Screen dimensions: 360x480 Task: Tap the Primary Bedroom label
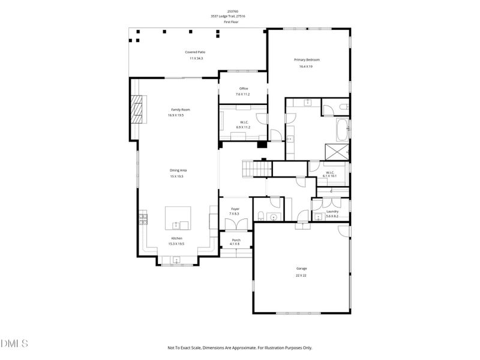(307, 59)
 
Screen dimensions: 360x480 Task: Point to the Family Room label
(181, 110)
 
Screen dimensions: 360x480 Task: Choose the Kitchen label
(176, 238)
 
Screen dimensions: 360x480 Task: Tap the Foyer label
(235, 209)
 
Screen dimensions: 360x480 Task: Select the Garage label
(302, 268)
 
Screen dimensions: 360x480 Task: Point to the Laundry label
(332, 211)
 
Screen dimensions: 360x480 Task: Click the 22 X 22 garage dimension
(302, 275)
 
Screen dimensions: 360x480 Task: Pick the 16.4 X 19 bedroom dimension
(306, 66)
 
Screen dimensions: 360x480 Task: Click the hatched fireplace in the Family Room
(138, 109)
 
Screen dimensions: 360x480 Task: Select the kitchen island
(178, 217)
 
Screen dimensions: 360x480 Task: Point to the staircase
(254, 169)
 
